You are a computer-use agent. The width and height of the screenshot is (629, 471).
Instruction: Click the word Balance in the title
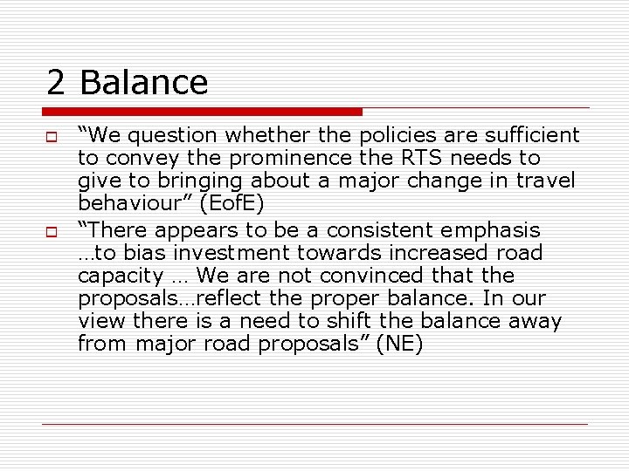point(143,83)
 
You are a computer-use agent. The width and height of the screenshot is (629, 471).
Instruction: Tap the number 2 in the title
point(57,83)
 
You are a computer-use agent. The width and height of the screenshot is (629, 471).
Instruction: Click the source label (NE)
point(399,344)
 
